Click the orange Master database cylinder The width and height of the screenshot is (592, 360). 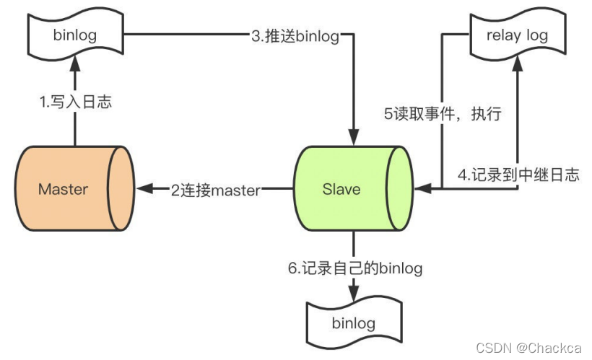[72, 189]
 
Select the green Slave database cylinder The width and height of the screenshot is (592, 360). [353, 189]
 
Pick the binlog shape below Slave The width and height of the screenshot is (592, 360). [353, 322]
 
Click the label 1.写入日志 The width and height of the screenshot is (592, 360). [75, 102]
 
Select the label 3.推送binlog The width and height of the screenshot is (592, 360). [295, 36]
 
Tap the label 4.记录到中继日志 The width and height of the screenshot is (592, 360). [518, 175]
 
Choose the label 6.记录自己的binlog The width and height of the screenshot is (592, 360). [353, 268]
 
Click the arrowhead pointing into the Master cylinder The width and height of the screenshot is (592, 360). [144, 189]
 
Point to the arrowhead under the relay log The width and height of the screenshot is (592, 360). [517, 66]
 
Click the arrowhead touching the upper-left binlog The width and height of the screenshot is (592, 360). [74, 66]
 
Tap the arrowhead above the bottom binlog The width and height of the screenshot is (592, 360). [353, 294]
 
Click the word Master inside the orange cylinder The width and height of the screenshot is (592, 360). [63, 189]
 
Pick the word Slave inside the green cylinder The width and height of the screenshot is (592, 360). [341, 189]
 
